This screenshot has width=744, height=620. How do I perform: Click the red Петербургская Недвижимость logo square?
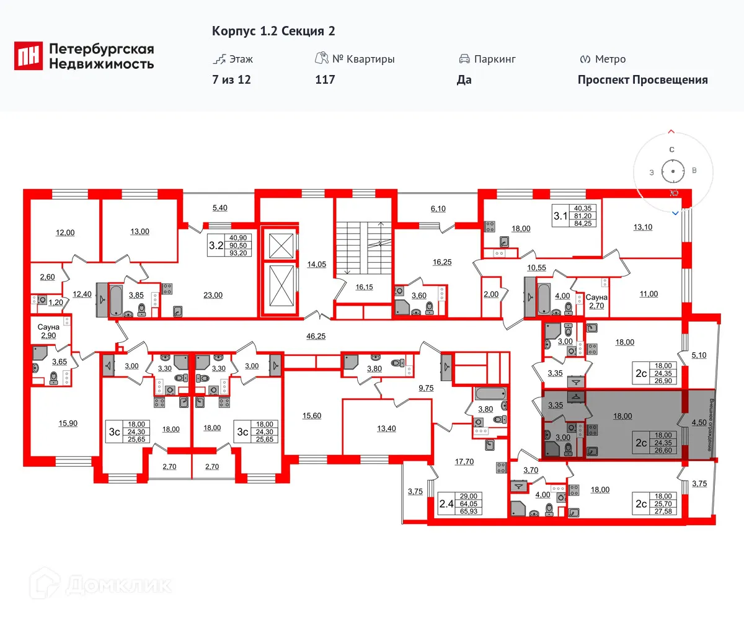pos(29,56)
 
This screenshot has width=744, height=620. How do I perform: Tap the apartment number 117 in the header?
pos(325,79)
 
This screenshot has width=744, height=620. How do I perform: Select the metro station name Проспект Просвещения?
pos(642,79)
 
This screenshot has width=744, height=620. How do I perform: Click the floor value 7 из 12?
pos(231,79)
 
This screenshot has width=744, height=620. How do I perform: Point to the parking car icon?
pos(464,59)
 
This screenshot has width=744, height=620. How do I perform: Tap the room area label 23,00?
pos(213,295)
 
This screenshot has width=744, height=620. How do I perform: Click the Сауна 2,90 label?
pos(48,330)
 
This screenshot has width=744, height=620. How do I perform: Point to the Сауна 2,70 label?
pos(597,301)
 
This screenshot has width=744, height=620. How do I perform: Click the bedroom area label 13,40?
pos(386,428)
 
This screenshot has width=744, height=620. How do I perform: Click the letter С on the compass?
pos(671,149)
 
